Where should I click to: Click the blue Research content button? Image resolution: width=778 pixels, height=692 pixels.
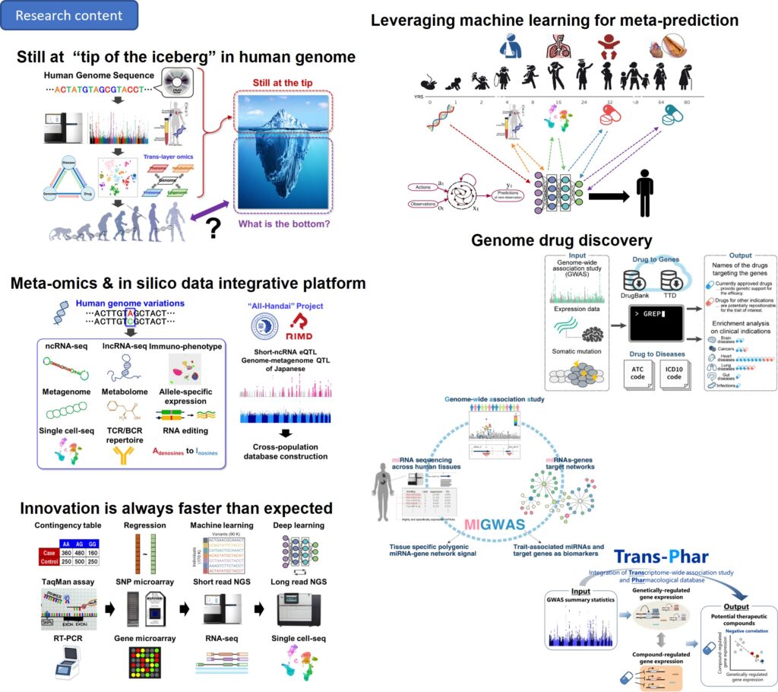pyautogui.click(x=68, y=15)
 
